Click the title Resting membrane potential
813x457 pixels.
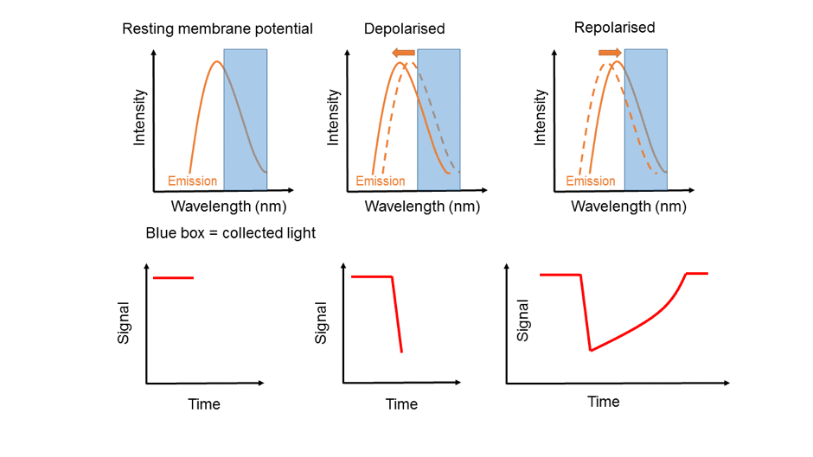pos(217,29)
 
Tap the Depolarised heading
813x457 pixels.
pos(405,29)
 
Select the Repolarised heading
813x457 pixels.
pos(614,28)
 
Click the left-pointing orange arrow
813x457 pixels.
pos(403,53)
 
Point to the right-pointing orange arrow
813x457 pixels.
pos(610,53)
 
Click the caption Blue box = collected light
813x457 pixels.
pos(231,233)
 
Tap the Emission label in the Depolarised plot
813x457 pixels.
pos(380,181)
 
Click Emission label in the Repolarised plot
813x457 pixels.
pos(591,181)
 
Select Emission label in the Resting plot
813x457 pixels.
pos(192,181)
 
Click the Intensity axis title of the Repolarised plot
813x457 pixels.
pos(541,117)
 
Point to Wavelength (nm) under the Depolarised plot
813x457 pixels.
pos(423,206)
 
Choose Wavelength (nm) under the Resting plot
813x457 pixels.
pos(228,206)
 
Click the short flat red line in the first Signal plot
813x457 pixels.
pos(173,278)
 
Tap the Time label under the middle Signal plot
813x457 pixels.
pos(401,404)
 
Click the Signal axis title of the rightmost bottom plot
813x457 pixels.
pos(522,321)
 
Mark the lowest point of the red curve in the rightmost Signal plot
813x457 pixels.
pos(591,351)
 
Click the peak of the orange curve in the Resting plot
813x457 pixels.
pos(217,61)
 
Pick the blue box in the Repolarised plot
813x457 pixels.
pos(645,120)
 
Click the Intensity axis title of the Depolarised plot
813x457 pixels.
pos(333,117)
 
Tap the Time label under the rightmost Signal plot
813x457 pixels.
pos(604,402)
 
